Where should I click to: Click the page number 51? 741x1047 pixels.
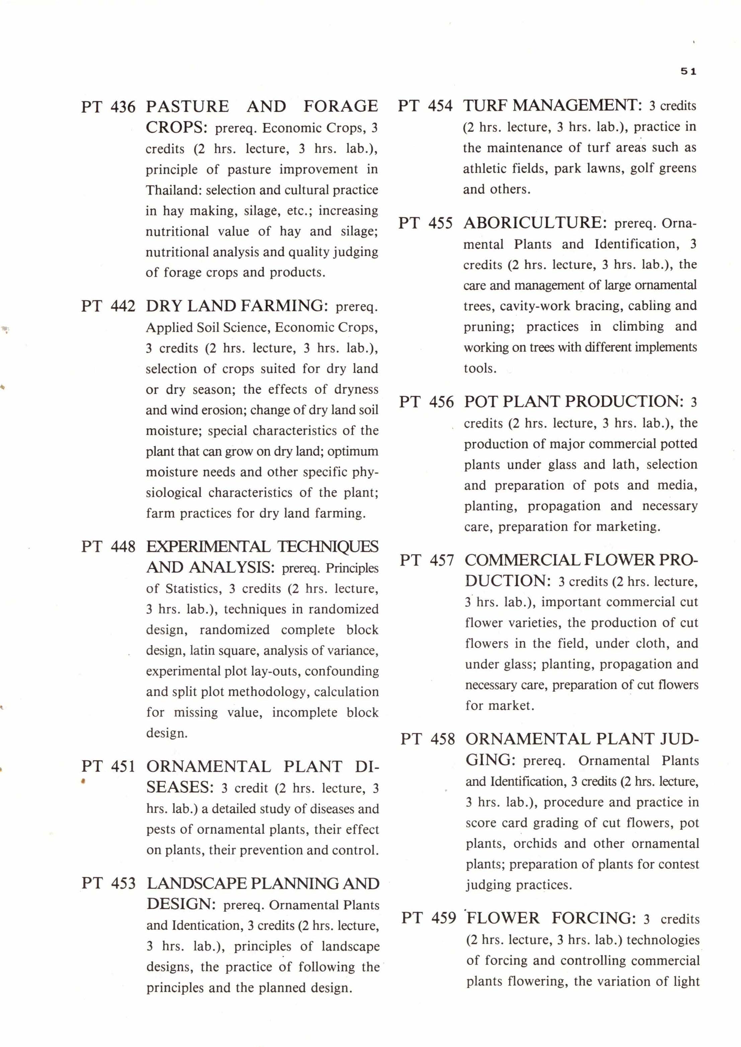coord(688,71)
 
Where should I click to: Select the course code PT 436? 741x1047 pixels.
coord(108,107)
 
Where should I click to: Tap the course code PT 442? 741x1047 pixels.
coord(108,306)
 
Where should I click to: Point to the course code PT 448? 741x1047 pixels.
coord(108,546)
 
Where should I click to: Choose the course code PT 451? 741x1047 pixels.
coord(108,767)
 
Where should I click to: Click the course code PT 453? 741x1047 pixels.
coord(108,884)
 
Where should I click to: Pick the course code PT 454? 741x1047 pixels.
coord(425,106)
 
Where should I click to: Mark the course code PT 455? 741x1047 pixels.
coord(426,223)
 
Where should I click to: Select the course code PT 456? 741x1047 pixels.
coord(427,402)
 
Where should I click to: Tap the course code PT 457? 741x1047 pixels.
coord(427,560)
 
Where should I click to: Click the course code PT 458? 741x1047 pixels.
coord(428,739)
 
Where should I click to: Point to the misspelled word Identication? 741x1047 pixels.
coord(208,925)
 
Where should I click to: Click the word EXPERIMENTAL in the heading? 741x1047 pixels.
coord(209,546)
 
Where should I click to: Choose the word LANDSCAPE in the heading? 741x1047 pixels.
coord(197,884)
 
